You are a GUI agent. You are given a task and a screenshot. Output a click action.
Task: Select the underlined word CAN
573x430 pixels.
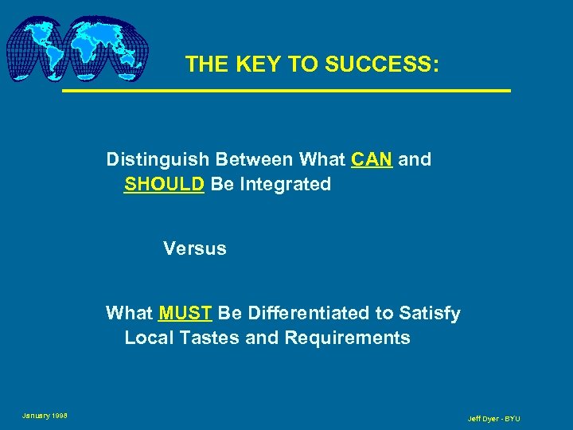tap(371, 159)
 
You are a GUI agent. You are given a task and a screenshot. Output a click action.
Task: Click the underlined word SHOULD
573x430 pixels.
tap(165, 184)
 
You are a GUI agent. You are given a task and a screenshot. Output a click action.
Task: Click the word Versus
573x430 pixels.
tap(195, 248)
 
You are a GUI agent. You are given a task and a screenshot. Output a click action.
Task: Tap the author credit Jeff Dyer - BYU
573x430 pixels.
tap(493, 418)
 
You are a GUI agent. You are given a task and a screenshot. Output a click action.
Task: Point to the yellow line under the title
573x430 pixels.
tap(286, 92)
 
